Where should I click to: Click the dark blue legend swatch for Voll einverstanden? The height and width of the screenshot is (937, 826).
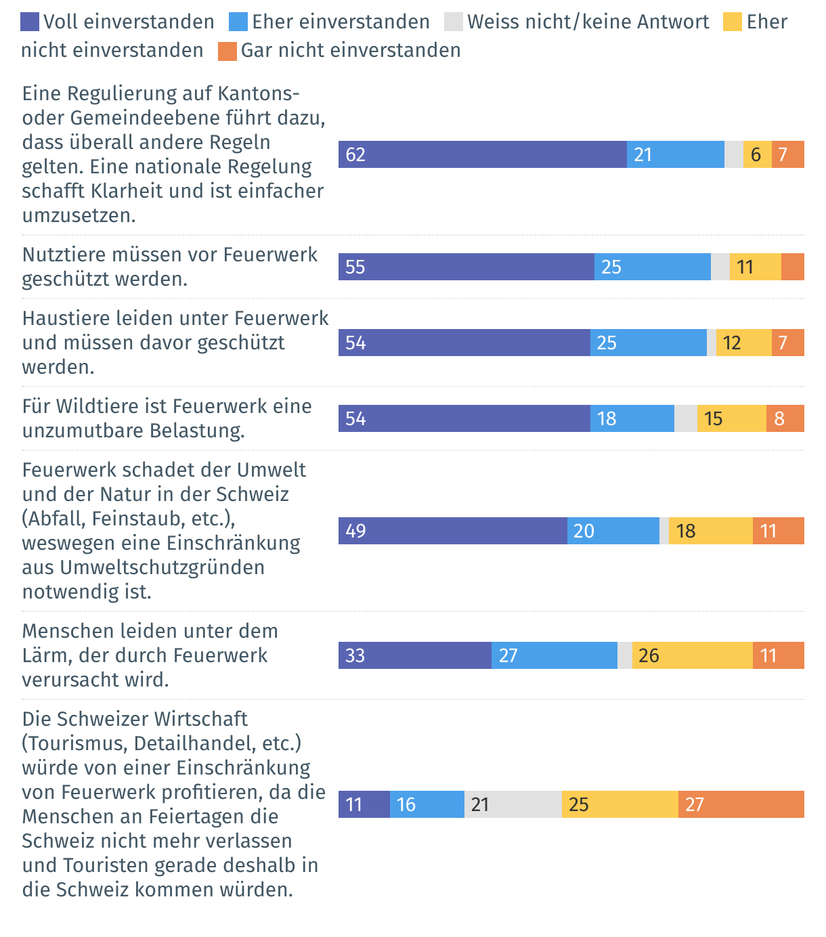tap(30, 22)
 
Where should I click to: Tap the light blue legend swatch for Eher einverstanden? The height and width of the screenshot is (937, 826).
tap(238, 22)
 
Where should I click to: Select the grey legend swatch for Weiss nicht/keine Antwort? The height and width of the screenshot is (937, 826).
tap(454, 22)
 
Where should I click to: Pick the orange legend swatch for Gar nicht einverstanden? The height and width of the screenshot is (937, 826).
tap(227, 51)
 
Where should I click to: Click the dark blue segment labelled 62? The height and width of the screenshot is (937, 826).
tap(482, 154)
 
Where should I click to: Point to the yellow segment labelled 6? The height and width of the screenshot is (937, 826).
tap(757, 154)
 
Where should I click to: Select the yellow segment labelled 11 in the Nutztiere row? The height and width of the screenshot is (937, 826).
tap(755, 267)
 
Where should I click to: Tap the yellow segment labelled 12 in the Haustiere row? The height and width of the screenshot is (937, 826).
tap(743, 343)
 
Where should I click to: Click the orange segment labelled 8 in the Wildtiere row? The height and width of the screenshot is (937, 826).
tap(785, 418)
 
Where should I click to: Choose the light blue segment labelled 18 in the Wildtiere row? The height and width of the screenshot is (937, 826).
tap(632, 418)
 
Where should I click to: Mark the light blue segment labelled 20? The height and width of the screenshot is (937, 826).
tap(613, 531)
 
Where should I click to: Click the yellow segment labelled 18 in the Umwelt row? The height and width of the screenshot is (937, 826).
tap(710, 531)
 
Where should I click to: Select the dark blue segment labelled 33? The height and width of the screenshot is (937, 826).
tap(414, 655)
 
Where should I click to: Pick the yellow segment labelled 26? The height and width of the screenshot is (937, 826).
tap(692, 655)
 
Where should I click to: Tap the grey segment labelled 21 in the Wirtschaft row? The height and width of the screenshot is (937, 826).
tap(513, 804)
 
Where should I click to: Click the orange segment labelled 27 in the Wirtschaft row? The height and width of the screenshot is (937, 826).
tap(741, 804)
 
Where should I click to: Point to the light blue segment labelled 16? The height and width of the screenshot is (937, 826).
tap(427, 804)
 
